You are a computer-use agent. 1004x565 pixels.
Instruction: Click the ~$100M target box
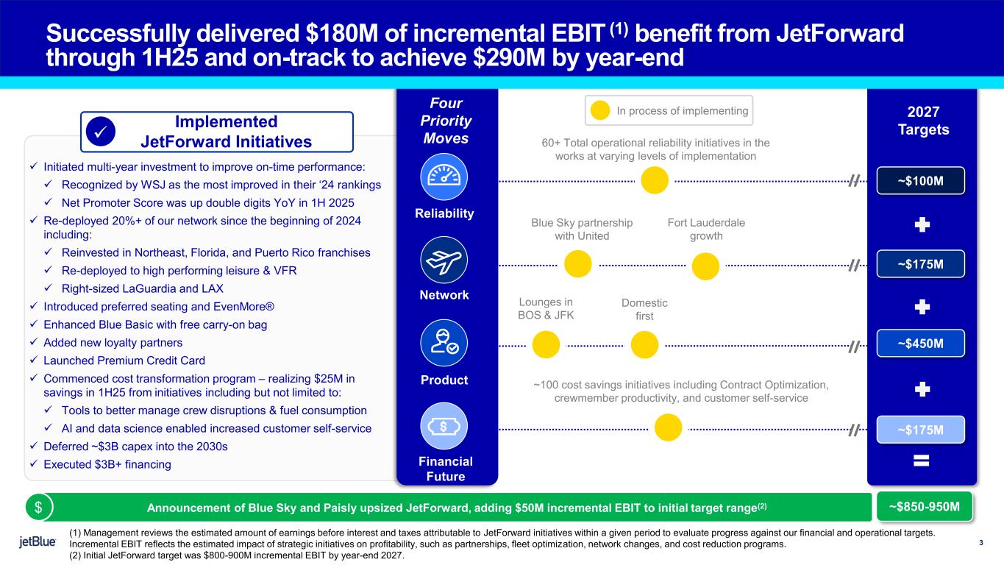point(920,180)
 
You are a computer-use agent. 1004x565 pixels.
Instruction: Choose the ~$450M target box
point(920,343)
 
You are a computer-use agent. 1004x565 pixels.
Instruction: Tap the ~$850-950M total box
point(925,506)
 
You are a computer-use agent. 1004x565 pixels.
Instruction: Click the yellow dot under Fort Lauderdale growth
point(706,266)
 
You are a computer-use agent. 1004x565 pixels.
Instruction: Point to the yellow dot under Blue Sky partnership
point(578,265)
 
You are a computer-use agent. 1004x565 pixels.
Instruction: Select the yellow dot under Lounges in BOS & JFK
point(546,345)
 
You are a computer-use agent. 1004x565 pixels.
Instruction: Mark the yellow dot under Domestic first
point(644,345)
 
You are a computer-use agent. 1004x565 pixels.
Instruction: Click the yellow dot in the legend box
point(600,111)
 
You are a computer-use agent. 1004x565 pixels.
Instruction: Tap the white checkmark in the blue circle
point(99,131)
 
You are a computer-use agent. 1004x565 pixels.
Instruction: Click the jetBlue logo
point(38,543)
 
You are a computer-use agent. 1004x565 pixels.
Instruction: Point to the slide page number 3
point(981,544)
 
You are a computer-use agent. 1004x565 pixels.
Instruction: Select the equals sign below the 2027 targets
point(921,461)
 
